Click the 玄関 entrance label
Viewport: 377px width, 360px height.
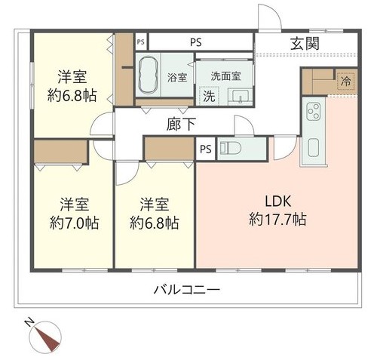click(x=305, y=44)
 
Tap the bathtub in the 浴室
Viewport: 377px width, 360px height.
click(x=149, y=75)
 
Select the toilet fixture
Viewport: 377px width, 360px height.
click(x=231, y=148)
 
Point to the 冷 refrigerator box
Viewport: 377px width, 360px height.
click(x=345, y=81)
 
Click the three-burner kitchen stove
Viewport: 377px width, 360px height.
click(x=314, y=111)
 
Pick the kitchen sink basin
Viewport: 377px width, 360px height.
click(x=314, y=147)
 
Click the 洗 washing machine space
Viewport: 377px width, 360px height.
click(x=209, y=96)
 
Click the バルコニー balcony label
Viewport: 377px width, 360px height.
click(x=187, y=290)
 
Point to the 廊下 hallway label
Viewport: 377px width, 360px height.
click(x=181, y=125)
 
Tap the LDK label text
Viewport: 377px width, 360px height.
click(x=278, y=202)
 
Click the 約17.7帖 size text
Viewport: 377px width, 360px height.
click(x=277, y=220)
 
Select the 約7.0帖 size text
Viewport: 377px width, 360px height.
click(x=74, y=223)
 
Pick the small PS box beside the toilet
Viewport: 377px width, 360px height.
click(x=206, y=149)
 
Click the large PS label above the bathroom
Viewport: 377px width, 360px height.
click(x=196, y=42)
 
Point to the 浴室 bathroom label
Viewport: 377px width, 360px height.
click(x=177, y=77)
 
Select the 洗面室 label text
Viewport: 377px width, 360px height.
click(x=225, y=75)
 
